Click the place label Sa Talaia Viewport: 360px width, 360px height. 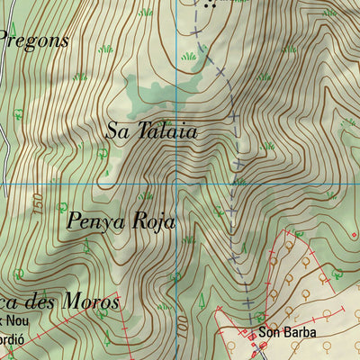click(x=150, y=130)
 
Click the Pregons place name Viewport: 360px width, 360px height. click(x=34, y=40)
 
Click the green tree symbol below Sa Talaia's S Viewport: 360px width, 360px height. click(x=103, y=155)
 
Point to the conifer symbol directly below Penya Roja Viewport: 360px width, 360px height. click(x=85, y=245)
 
